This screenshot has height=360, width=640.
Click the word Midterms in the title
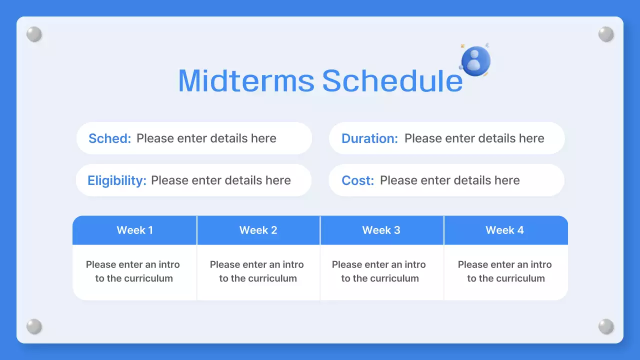tap(246, 80)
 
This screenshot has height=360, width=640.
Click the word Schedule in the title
tap(392, 80)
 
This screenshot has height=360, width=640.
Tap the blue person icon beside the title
tap(475, 60)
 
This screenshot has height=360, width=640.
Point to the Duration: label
tap(369, 138)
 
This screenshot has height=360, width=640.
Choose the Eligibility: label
tap(117, 180)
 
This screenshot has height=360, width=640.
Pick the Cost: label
tap(357, 180)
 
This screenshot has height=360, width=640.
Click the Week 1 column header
tap(134, 230)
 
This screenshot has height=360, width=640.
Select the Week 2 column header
tap(258, 230)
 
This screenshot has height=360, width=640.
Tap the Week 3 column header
tap(381, 230)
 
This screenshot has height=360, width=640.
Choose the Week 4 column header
tap(505, 230)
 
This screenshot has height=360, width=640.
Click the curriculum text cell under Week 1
tap(133, 271)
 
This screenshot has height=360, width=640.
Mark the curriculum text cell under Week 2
tap(257, 271)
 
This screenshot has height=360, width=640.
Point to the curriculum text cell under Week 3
tap(379, 271)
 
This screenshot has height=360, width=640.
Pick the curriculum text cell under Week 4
tap(505, 271)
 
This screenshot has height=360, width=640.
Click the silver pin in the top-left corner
tap(34, 34)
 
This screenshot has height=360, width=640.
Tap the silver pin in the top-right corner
tap(606, 34)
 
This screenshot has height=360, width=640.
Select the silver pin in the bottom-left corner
tap(34, 326)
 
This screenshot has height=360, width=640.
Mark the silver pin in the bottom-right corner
tap(606, 326)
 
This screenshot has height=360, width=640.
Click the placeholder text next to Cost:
tap(450, 180)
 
